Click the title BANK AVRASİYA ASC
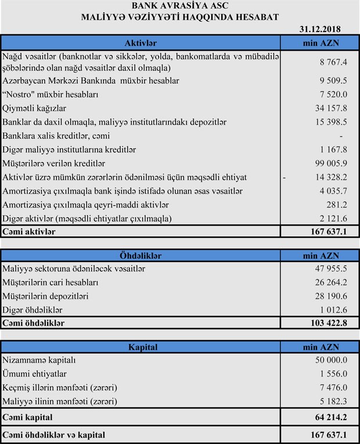[180, 5]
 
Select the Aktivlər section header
[141, 43]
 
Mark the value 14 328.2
[331, 177]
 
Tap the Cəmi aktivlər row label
[29, 232]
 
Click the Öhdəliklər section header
[141, 255]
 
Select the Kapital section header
[141, 347]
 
